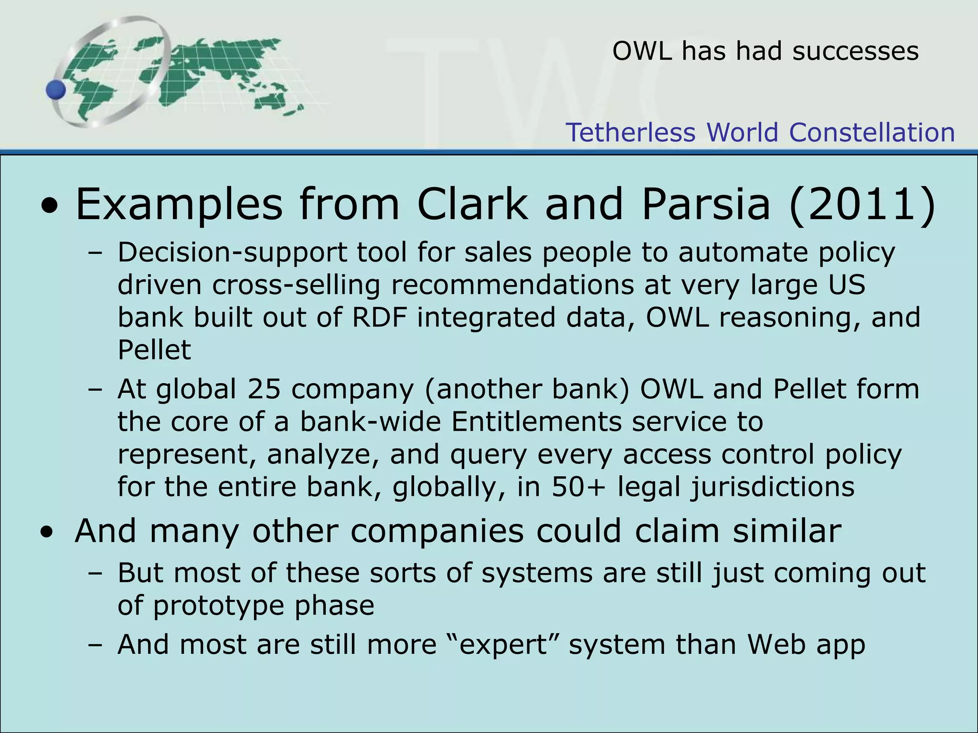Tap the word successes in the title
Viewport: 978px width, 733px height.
click(x=855, y=51)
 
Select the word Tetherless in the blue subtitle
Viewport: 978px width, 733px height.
click(x=630, y=132)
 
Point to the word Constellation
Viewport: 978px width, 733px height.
click(x=872, y=132)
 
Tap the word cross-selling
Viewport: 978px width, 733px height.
click(x=296, y=285)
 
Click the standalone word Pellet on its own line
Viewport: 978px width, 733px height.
click(x=154, y=350)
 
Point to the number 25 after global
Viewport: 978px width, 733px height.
click(x=264, y=389)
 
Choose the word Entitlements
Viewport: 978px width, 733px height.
click(x=536, y=422)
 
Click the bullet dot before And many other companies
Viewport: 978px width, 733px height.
click(x=47, y=532)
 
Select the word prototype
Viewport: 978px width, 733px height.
click(x=218, y=606)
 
